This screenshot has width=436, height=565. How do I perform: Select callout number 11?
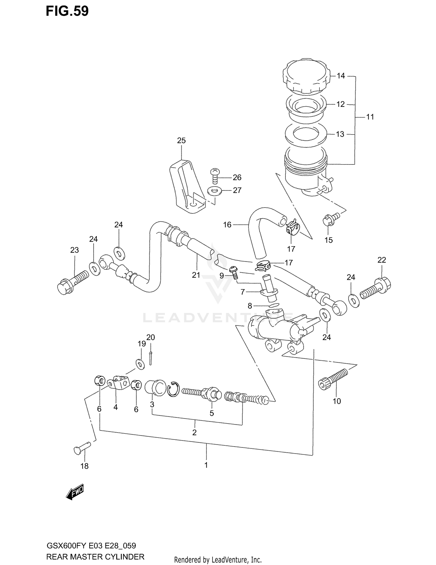pyautogui.click(x=370, y=117)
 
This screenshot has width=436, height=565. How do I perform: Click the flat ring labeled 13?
pyautogui.click(x=306, y=134)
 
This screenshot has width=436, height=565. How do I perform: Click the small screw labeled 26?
pyautogui.click(x=215, y=175)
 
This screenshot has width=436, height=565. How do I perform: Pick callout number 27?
pyautogui.click(x=237, y=190)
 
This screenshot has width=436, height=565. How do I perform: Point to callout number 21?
pyautogui.click(x=196, y=275)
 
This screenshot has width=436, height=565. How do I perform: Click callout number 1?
pyautogui.click(x=206, y=465)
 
